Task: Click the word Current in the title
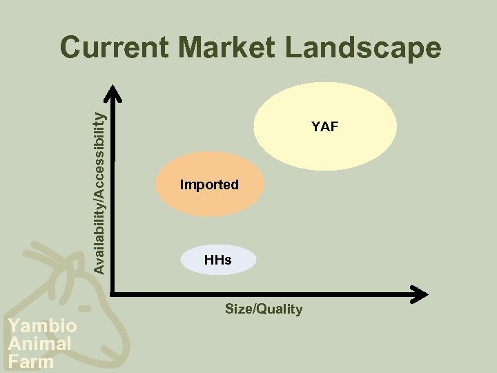pos(113,48)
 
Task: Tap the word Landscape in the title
pos(363,48)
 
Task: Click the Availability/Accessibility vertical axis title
pos(100,183)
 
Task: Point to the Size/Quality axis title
pos(264,309)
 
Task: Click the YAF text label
pos(324,126)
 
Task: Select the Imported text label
pos(209,184)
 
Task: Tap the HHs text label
pos(217,260)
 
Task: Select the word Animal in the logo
pos(39,343)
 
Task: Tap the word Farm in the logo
pos(31,361)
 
